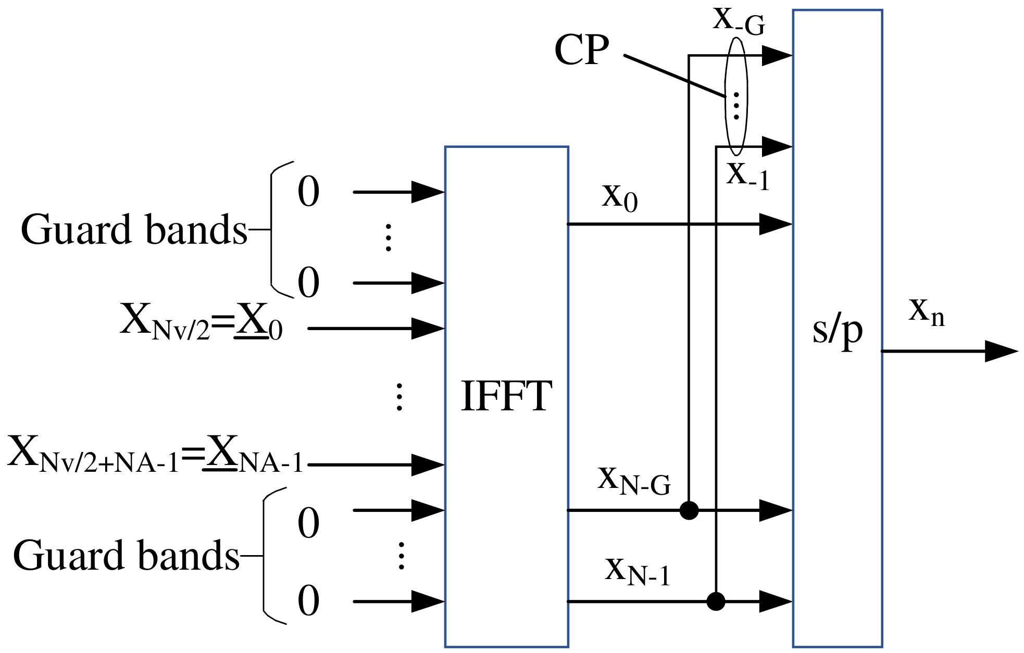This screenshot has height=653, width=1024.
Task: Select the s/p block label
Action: [837, 331]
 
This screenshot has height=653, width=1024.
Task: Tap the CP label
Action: [581, 51]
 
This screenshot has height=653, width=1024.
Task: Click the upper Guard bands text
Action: [134, 230]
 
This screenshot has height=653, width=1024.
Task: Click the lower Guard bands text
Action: [126, 556]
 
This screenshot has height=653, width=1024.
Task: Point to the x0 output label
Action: [619, 198]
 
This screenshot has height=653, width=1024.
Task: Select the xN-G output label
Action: [634, 480]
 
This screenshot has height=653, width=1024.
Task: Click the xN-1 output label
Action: [637, 570]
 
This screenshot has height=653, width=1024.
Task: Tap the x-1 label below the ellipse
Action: [747, 176]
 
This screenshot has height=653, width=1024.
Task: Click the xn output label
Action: [926, 312]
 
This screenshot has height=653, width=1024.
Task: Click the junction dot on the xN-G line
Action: [689, 510]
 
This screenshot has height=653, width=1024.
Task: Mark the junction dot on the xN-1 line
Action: [716, 601]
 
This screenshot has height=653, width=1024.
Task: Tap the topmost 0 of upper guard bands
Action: [308, 192]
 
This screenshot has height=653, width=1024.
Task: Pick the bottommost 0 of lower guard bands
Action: [308, 601]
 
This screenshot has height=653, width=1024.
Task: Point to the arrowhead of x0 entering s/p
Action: [776, 224]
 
